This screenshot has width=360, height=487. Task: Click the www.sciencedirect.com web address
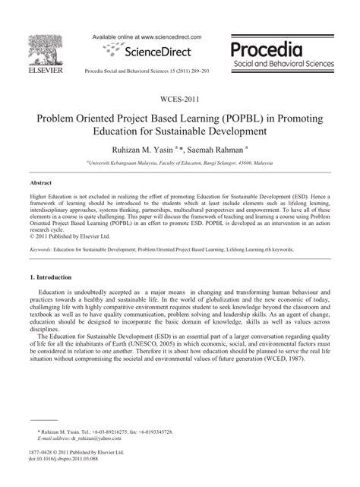pos(168,36)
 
